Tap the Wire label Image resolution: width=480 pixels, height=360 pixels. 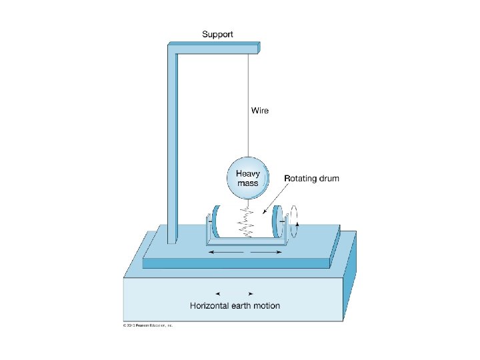pos(260,110)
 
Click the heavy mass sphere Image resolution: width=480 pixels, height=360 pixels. pos(248,177)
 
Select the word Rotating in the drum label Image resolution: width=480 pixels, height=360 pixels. pos(303,179)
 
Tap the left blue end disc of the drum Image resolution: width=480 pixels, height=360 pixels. pos(215,225)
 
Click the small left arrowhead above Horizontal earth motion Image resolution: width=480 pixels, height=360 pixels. pos(218,293)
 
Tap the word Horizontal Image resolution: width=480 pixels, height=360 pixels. pos(212,306)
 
